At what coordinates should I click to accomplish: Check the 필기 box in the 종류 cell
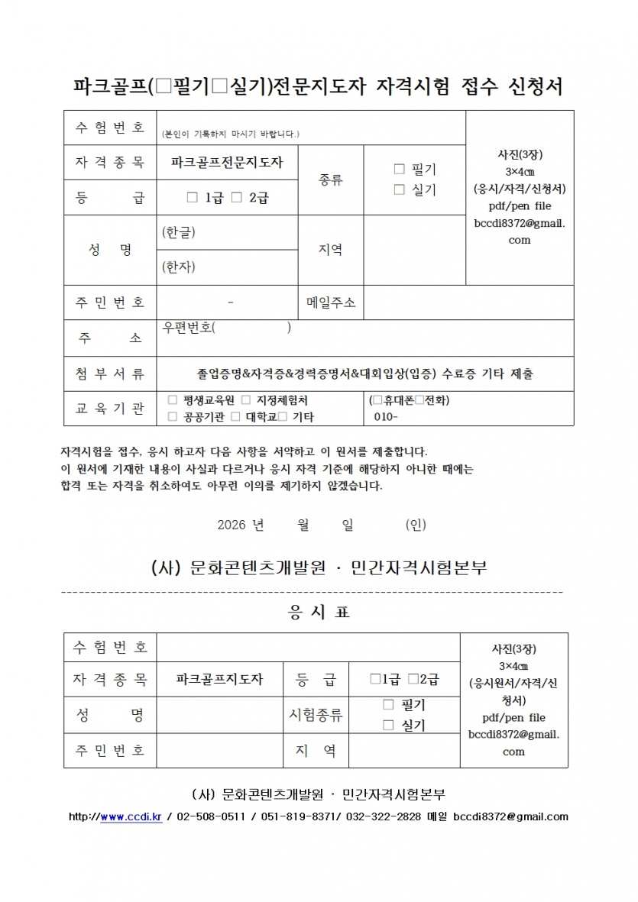(x=398, y=169)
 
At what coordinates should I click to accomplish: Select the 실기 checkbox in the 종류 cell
(x=398, y=189)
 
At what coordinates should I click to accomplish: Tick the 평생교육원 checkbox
(x=172, y=399)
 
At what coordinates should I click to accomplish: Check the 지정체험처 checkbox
(x=245, y=399)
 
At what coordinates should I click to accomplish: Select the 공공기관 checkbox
(x=172, y=417)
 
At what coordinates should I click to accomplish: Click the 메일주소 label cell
(x=331, y=302)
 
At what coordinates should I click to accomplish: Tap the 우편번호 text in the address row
(x=189, y=328)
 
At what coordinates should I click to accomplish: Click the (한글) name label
(x=179, y=232)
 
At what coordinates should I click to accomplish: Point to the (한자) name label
(x=179, y=267)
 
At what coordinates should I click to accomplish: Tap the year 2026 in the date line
(x=232, y=525)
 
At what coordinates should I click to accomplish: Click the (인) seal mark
(x=416, y=525)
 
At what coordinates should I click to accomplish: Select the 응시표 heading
(x=319, y=613)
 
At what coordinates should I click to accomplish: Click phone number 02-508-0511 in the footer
(x=210, y=816)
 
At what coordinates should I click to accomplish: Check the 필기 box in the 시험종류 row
(x=388, y=704)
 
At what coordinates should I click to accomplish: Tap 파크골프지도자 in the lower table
(x=219, y=679)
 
